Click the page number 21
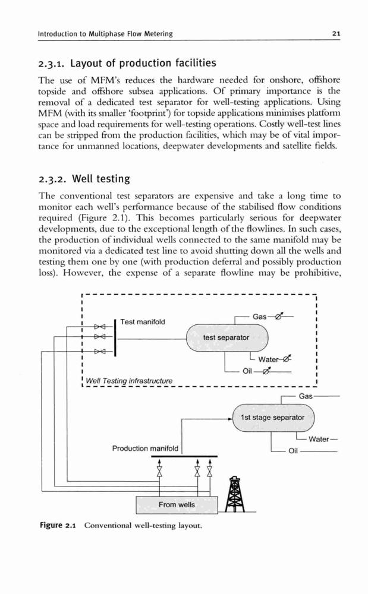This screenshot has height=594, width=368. point(336,33)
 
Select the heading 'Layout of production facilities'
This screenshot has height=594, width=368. point(143,63)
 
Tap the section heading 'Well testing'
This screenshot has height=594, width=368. point(101,178)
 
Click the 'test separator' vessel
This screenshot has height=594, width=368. point(227,337)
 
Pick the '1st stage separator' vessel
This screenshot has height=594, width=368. point(273,418)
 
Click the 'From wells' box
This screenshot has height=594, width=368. point(177,504)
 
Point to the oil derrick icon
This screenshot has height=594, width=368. point(235,494)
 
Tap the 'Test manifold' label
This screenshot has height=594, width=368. point(143,321)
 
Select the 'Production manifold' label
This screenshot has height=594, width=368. point(145,448)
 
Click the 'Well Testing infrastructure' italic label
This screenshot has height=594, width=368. point(129,381)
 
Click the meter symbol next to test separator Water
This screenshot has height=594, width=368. point(286,358)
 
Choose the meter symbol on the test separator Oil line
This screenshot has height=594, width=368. point(266,371)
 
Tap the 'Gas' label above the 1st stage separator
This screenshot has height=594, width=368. point(306,396)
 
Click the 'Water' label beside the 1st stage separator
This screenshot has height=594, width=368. point(319,439)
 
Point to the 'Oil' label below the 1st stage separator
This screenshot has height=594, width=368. point(293,451)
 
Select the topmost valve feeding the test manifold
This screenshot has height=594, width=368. point(99,326)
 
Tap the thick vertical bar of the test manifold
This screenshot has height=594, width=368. point(115,338)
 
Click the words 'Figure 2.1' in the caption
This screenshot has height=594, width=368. point(58,526)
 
